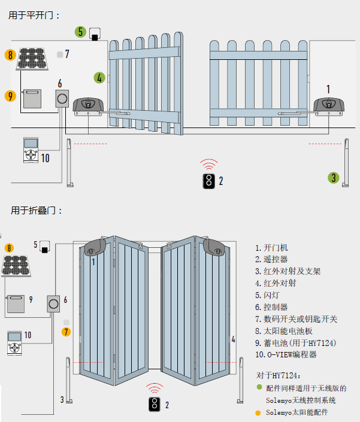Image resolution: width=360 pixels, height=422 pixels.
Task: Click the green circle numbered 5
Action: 80,32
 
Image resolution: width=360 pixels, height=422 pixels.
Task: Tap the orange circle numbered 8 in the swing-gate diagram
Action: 10,55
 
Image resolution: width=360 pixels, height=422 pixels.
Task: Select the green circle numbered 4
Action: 99,78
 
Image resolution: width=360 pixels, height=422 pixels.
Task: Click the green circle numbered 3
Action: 333,178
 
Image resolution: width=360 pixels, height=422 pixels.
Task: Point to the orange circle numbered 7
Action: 66,332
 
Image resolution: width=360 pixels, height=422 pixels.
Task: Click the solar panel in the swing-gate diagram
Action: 32,59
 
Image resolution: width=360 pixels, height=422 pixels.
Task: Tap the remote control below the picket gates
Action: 208,181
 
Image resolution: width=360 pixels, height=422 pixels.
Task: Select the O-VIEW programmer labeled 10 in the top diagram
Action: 31,150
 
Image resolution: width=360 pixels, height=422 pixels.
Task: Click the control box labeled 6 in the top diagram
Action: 62,99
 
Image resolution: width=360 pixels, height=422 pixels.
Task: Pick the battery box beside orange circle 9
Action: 32,99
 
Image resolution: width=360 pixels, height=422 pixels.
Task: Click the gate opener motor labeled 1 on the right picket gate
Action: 329,107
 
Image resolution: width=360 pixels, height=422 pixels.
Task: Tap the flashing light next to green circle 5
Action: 95,34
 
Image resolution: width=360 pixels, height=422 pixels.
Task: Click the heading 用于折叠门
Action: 36,211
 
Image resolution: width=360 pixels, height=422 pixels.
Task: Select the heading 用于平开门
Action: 34,16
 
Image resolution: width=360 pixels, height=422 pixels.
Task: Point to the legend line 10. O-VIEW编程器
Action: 286,354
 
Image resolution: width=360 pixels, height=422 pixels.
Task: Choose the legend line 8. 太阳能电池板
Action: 284,331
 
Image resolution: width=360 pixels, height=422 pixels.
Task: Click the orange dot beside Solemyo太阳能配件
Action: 258,413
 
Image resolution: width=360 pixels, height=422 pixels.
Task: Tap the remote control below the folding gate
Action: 155,404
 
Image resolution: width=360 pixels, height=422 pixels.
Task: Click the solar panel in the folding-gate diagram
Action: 16,266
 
